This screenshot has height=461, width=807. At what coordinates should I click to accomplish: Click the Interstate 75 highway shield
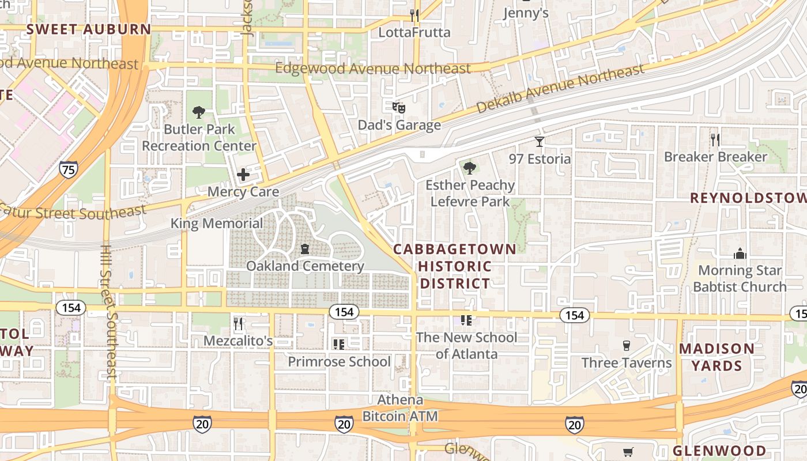[x=68, y=169]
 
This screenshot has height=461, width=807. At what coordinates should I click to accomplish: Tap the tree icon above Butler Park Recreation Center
[x=199, y=112]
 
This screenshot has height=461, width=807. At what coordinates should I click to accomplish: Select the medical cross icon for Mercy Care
[x=243, y=174]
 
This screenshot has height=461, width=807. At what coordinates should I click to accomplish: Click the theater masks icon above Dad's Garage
[x=399, y=107]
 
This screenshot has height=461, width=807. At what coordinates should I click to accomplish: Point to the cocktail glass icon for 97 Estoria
[x=540, y=141]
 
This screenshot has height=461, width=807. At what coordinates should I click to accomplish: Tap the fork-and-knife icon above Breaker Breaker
[x=715, y=139]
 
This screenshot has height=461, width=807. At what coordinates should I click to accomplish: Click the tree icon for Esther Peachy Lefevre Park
[x=470, y=168]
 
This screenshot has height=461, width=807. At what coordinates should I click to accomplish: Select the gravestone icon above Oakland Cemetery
[x=305, y=249]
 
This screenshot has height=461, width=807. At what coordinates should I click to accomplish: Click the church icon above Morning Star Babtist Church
[x=740, y=253]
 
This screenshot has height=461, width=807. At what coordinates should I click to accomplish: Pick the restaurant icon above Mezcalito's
[x=237, y=324]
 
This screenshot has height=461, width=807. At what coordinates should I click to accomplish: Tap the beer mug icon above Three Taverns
[x=627, y=346]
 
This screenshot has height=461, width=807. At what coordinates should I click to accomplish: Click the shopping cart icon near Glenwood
[x=628, y=452]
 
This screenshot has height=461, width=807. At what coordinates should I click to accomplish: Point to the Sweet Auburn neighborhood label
[x=89, y=29]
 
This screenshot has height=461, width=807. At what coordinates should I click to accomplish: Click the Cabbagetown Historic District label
[x=455, y=266]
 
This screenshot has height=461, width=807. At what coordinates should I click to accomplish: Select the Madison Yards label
[x=717, y=357]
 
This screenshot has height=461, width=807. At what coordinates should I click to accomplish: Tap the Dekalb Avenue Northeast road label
[x=560, y=88]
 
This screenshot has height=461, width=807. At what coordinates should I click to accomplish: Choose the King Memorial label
[x=217, y=223]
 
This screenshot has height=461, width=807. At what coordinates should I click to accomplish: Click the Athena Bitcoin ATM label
[x=400, y=408]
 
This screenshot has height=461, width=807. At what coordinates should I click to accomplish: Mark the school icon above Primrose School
[x=339, y=345]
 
